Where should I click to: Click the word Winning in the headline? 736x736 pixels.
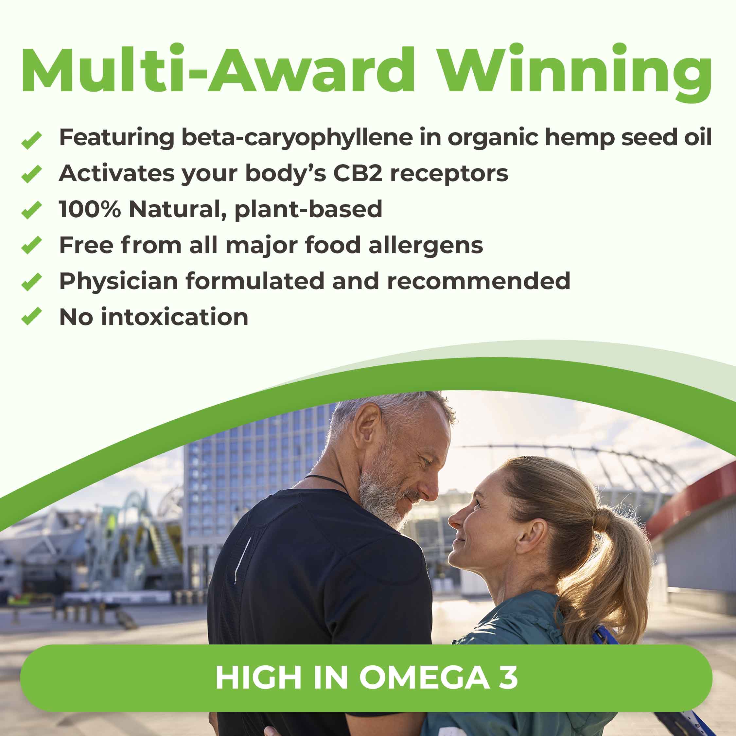[x=575, y=70]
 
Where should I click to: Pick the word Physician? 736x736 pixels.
[x=118, y=282]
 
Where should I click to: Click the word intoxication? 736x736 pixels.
[x=174, y=317]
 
